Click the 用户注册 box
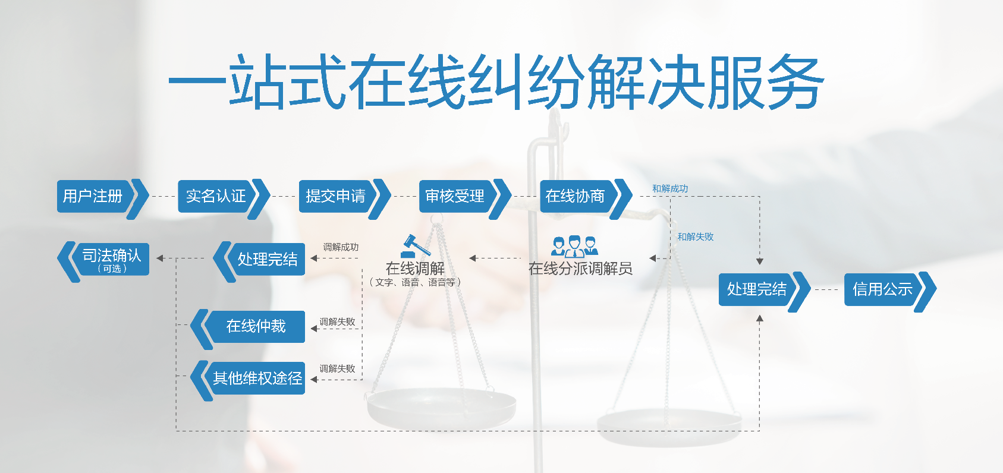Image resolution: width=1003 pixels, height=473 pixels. tap(102, 197)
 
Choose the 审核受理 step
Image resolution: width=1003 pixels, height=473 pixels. tap(464, 197)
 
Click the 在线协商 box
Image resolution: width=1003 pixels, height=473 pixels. tap(585, 197)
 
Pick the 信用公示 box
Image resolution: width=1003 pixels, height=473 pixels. tap(889, 289)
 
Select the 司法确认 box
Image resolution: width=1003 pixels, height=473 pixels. tap(104, 260)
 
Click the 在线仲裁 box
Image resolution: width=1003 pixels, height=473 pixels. tap(248, 327)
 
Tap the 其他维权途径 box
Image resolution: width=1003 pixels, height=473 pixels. tap(248, 379)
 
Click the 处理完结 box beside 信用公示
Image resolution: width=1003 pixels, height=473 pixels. tap(765, 289)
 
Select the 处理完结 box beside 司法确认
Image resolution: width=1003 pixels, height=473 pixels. tap(260, 260)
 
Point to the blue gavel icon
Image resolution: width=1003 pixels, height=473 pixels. tap(415, 246)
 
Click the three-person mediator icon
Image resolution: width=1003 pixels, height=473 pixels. tap(574, 246)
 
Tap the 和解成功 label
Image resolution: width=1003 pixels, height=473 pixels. tap(670, 189)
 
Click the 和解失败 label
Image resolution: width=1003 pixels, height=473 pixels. tap(696, 236)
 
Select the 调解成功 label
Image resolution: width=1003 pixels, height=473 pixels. tap(341, 247)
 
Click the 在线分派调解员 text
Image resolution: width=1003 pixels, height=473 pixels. tap(580, 269)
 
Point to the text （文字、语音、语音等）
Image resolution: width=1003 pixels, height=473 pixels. tap(415, 282)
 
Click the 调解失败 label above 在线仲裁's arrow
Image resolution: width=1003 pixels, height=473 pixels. tap(337, 321)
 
